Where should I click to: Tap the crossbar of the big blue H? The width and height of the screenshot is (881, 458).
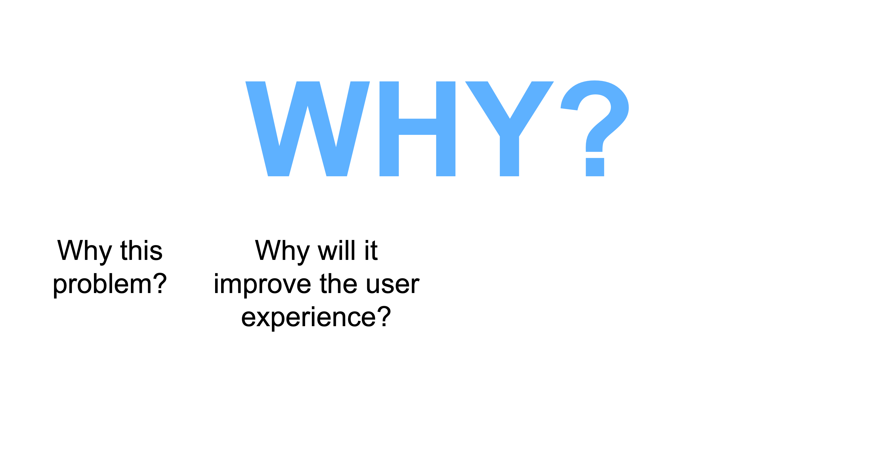[x=417, y=127]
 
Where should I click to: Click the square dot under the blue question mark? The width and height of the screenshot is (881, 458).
[x=595, y=167]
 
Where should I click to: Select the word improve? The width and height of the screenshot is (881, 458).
[x=262, y=284]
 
